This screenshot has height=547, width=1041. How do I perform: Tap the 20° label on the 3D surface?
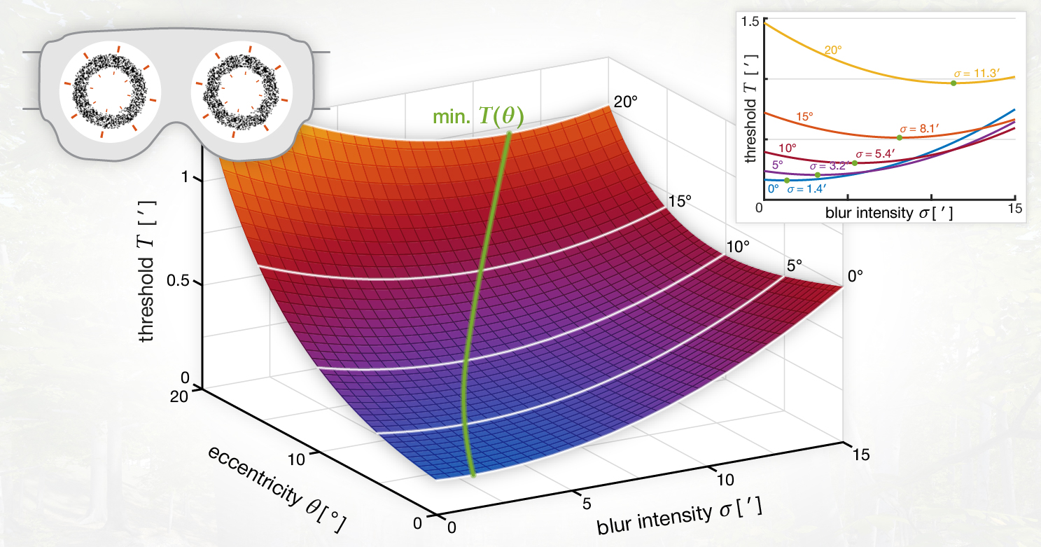625,101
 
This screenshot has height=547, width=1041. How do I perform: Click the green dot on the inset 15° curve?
900,137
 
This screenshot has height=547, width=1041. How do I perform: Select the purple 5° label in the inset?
778,165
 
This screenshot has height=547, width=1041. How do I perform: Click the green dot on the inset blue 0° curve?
787,180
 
